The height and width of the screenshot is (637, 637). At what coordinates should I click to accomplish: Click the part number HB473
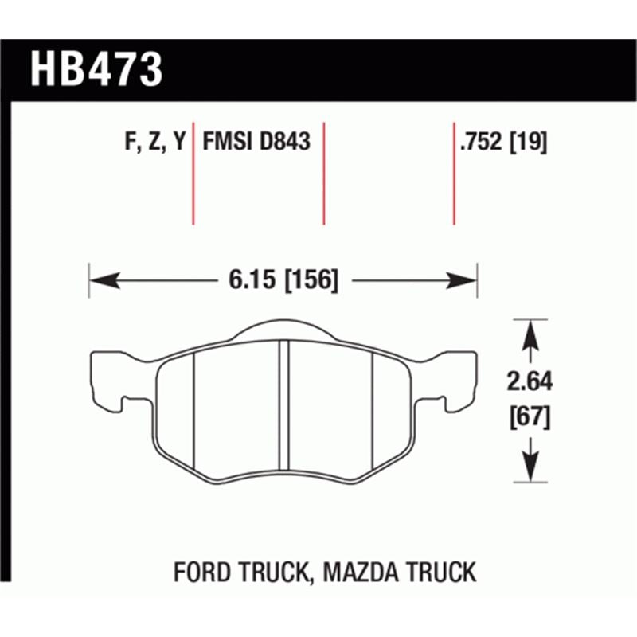point(96,70)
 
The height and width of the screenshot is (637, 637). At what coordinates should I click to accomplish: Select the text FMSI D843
point(256,143)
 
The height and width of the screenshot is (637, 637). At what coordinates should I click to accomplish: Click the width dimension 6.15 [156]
point(282,280)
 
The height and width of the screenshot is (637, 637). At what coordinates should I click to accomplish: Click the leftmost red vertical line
point(193,174)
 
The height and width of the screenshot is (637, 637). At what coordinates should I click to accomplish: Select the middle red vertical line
point(324,174)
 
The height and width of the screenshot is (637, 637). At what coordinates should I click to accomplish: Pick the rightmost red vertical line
point(454,174)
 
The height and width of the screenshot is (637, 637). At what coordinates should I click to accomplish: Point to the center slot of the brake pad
point(283,406)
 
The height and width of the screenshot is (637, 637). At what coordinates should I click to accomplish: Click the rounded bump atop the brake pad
point(283,330)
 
